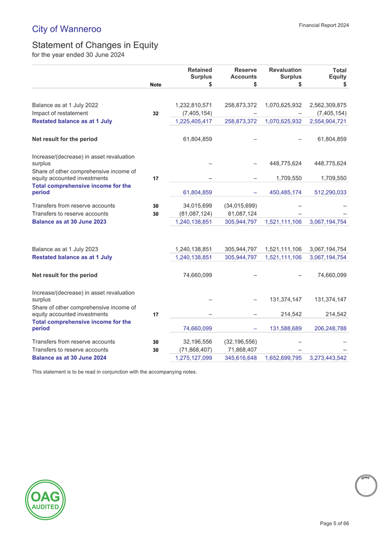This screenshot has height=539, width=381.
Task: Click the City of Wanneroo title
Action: (66, 29)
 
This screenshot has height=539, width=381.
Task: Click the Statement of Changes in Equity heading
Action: (95, 45)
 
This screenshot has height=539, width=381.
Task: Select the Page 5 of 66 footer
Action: (335, 523)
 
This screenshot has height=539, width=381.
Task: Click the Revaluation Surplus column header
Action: (285, 73)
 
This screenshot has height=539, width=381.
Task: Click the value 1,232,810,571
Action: (193, 105)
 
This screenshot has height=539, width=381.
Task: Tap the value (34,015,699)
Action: (240, 205)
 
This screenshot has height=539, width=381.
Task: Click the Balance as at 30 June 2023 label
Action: (69, 222)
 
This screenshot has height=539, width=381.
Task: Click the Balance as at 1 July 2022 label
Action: (65, 105)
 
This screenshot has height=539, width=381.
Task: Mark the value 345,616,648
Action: (240, 358)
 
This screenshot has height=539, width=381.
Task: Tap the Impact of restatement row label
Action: (60, 113)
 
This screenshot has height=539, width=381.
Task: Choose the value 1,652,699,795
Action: (283, 358)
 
